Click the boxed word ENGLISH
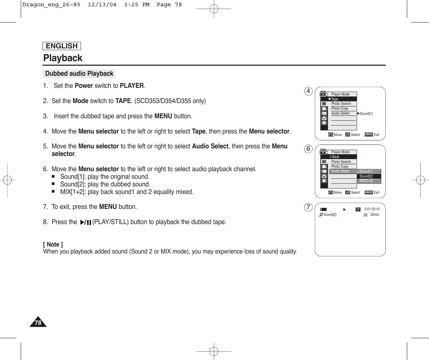coord(62,46)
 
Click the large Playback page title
coord(63,58)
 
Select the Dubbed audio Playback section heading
coord(79,74)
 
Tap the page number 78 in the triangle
coord(38,323)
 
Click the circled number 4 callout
coord(308,91)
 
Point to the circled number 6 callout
coord(308,149)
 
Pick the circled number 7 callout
coord(308,207)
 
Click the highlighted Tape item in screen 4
coord(335,99)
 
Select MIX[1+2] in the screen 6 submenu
coord(366,181)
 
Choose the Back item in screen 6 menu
coord(335,157)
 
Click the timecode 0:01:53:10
coord(372,209)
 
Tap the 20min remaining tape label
coord(374,215)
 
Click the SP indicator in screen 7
coord(358,209)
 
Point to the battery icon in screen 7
coord(323,209)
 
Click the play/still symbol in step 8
coord(85,222)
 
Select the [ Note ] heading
coord(53,244)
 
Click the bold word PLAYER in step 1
coord(131,86)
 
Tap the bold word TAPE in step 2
coord(123,101)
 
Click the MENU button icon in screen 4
coord(368,135)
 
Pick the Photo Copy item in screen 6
coord(340,166)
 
